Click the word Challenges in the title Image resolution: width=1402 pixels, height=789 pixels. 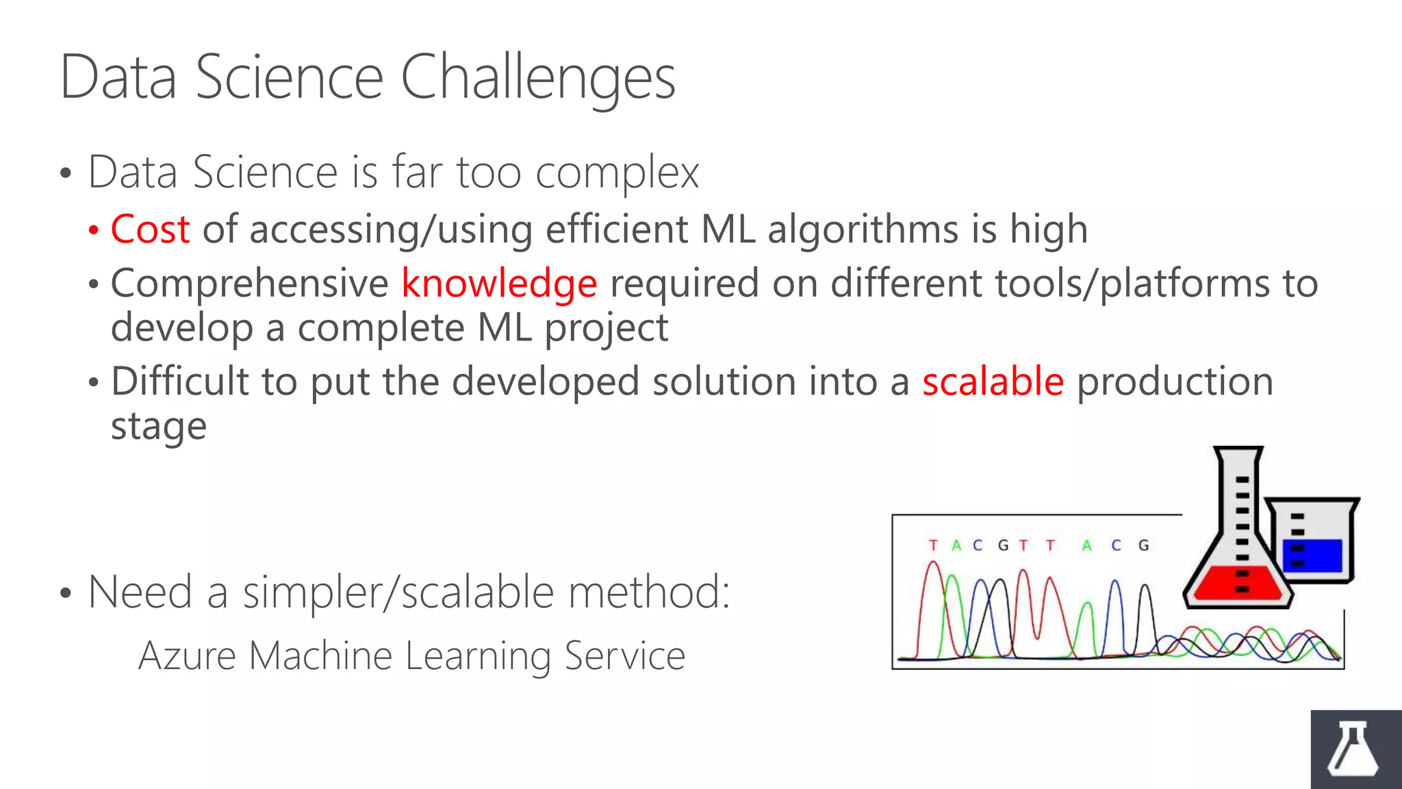(538, 79)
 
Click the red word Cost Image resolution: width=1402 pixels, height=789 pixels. (150, 229)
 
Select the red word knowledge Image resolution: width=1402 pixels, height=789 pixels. (499, 284)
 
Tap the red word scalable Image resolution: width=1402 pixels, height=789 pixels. (993, 381)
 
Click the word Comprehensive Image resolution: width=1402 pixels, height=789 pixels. (250, 284)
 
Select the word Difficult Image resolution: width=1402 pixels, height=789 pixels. (179, 381)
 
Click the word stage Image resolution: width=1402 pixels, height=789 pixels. (159, 427)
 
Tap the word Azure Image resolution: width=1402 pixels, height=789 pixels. (187, 656)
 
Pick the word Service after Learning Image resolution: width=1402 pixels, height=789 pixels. (625, 656)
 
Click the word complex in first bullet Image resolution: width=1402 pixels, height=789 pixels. (617, 173)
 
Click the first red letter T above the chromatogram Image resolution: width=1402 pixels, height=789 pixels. (933, 545)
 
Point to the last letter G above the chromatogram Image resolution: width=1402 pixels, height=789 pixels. (1143, 545)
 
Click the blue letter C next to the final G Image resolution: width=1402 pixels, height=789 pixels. (1117, 545)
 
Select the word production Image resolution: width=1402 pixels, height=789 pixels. (1175, 381)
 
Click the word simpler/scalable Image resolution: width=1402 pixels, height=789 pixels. (398, 592)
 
